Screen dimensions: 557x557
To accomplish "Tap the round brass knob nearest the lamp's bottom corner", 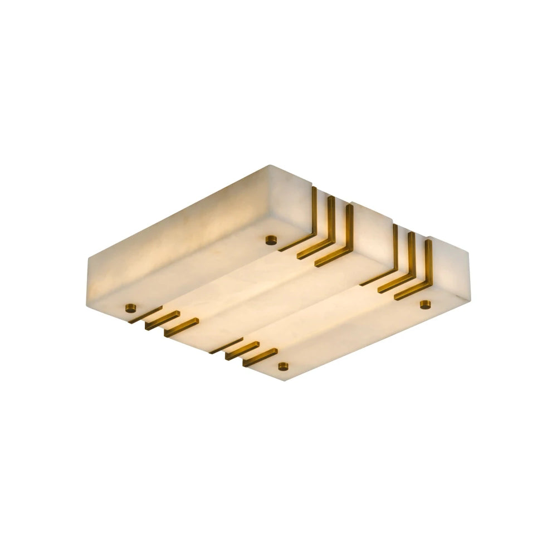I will [284, 366].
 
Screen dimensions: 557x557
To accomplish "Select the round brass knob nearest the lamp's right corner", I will [426, 304].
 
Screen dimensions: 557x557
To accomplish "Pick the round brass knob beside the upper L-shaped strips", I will [271, 240].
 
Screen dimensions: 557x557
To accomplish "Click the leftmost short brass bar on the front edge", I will [145, 315].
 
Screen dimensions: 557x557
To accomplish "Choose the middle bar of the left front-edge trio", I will [162, 320].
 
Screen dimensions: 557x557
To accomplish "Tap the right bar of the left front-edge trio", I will [181, 328].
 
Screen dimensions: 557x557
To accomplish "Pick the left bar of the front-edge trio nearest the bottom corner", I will [226, 345].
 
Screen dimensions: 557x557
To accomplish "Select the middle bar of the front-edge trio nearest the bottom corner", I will [242, 351].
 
